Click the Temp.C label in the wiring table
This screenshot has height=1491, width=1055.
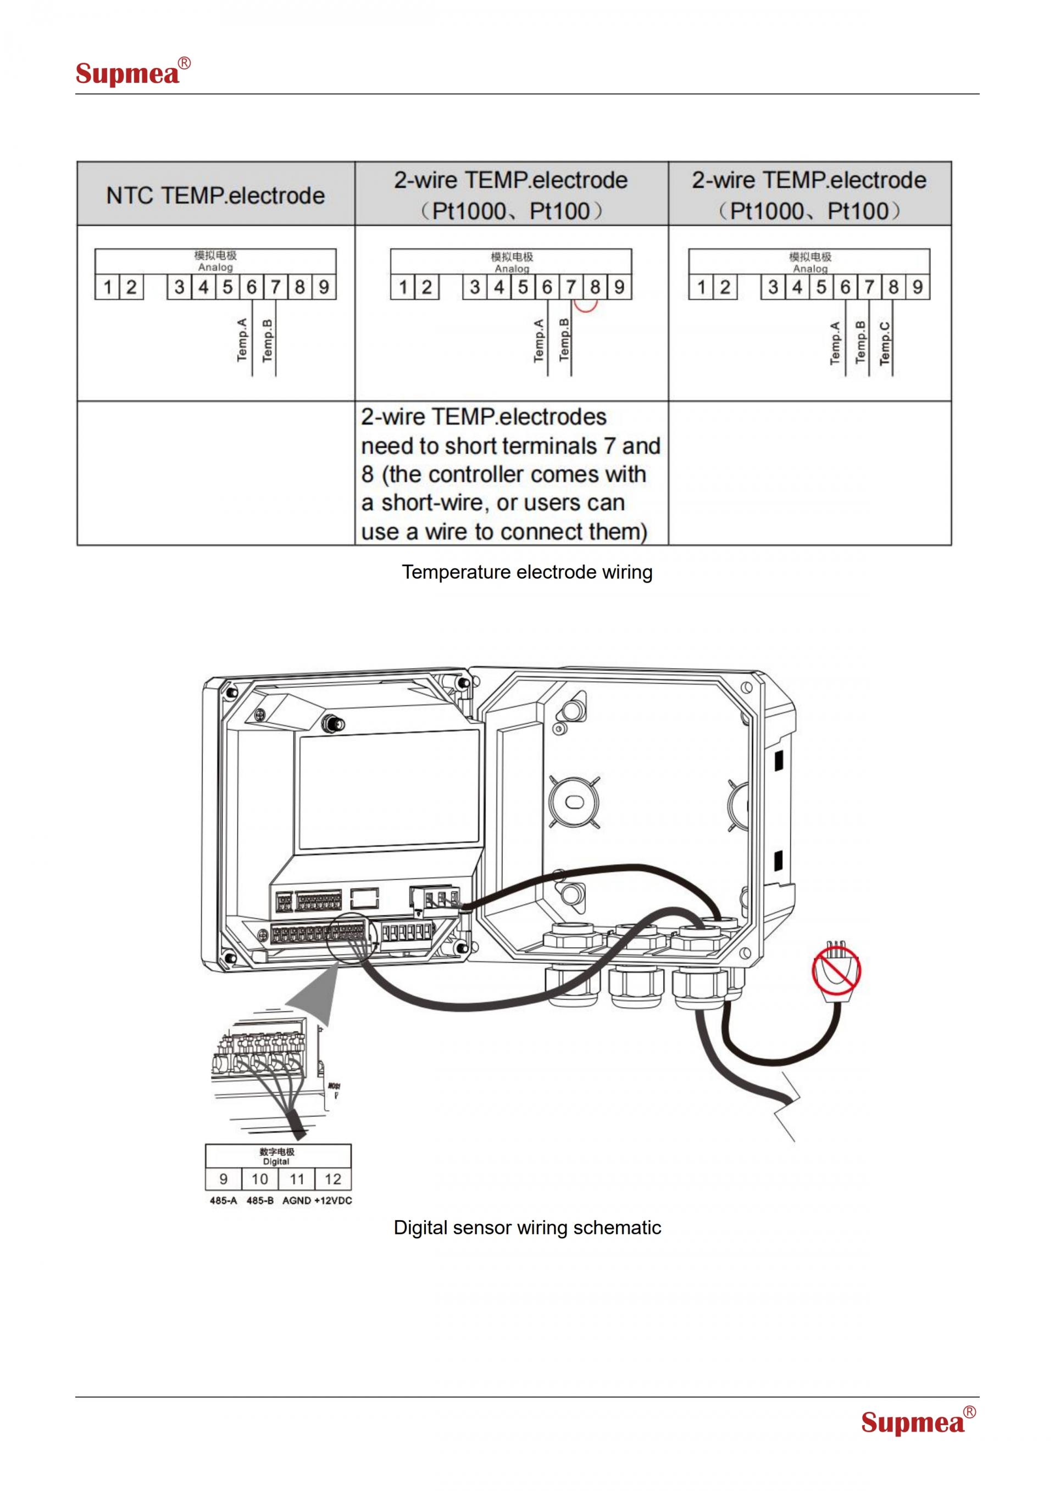[x=885, y=343]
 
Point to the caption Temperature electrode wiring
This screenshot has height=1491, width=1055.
[x=527, y=572]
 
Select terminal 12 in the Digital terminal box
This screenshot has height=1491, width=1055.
[x=332, y=1179]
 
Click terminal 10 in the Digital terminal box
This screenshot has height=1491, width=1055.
[x=259, y=1179]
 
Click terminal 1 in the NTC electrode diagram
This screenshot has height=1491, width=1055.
[x=107, y=287]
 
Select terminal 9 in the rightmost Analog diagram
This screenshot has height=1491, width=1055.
[x=917, y=287]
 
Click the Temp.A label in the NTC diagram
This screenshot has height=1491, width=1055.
[x=242, y=339]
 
